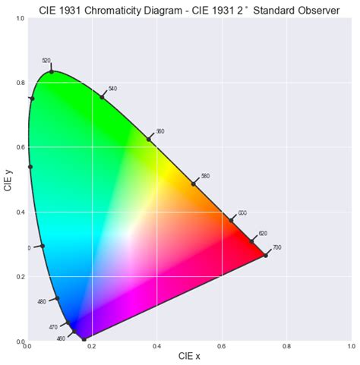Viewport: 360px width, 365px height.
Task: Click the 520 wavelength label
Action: click(x=46, y=61)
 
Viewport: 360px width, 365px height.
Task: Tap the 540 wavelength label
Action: click(x=113, y=89)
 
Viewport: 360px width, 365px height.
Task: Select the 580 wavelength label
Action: click(x=205, y=176)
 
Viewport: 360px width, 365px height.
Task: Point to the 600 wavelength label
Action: click(x=242, y=213)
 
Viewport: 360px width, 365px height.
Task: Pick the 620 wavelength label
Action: click(x=263, y=234)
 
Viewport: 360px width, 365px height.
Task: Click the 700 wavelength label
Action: click(x=277, y=248)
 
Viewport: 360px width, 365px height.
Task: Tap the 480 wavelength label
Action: click(x=42, y=302)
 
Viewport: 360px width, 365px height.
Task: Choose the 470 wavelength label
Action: click(x=53, y=327)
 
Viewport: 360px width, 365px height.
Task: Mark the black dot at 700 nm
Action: click(x=266, y=255)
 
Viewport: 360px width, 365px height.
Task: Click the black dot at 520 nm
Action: click(x=52, y=72)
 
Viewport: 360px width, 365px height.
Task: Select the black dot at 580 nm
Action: click(x=194, y=184)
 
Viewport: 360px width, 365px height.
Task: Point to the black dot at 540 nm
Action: click(x=102, y=97)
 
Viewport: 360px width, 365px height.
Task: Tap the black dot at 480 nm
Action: click(x=56, y=298)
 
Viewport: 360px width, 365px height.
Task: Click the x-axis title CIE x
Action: click(x=190, y=355)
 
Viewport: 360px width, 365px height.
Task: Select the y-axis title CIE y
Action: click(x=8, y=180)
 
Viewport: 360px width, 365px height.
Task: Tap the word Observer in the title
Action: click(x=318, y=10)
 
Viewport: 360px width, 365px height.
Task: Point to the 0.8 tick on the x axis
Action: click(x=287, y=348)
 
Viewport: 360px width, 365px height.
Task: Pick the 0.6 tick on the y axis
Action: click(x=21, y=147)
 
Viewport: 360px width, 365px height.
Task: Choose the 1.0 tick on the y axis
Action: click(x=21, y=18)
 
